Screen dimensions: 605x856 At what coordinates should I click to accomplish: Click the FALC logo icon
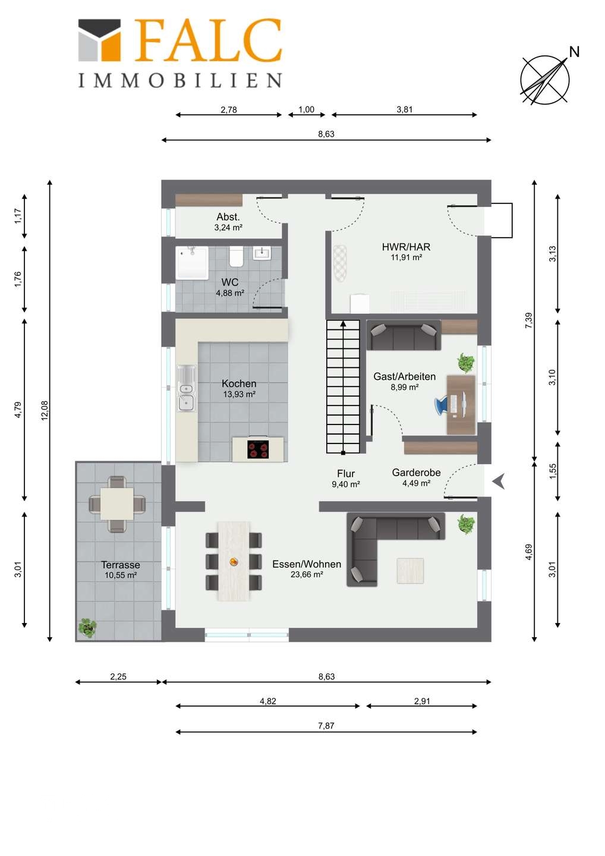[99, 40]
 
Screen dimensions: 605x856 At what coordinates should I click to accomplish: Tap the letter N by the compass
[574, 52]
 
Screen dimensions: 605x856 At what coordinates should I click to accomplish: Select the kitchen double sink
[186, 388]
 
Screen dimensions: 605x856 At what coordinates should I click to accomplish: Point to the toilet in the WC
[237, 257]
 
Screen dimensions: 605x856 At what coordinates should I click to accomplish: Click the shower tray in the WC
[192, 263]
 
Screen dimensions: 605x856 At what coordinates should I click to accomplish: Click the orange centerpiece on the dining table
[234, 561]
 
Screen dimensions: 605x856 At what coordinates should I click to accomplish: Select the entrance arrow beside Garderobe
[499, 481]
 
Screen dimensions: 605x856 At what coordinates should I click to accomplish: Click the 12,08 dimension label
[45, 410]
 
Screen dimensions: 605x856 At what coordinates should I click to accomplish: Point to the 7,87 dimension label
[326, 726]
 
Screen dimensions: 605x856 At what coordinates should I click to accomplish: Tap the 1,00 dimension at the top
[306, 109]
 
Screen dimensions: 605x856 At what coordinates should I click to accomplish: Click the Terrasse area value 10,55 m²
[121, 575]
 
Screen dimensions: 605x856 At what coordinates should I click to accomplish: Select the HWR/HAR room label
[406, 247]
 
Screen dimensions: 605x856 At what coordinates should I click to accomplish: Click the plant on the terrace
[87, 628]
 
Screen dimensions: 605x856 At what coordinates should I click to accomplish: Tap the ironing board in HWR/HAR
[339, 264]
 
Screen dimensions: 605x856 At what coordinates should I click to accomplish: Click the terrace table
[117, 503]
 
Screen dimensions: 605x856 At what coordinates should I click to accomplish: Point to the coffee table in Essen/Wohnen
[410, 571]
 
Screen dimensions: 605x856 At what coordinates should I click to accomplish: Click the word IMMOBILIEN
[180, 80]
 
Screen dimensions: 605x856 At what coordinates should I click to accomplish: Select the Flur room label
[346, 473]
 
